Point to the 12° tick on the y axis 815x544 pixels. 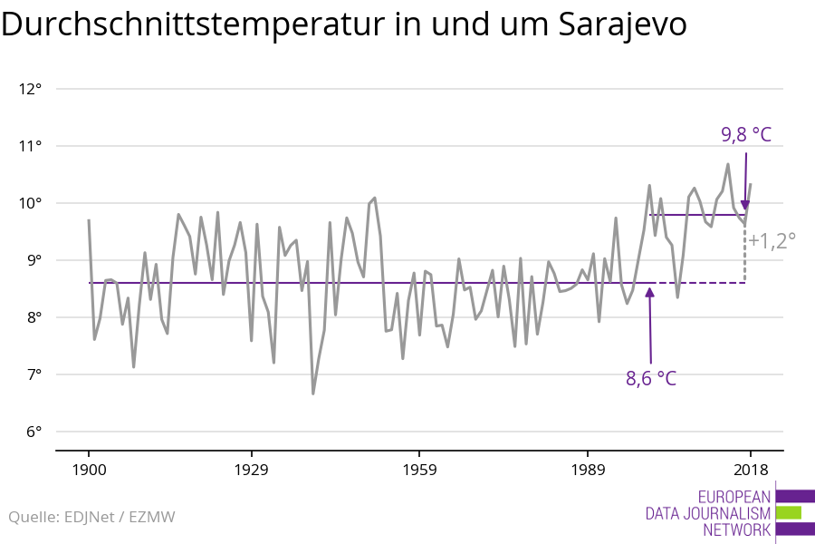pyautogui.click(x=30, y=89)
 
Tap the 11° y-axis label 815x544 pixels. pyautogui.click(x=30, y=146)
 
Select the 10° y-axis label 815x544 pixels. pyautogui.click(x=30, y=203)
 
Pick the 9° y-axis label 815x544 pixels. pyautogui.click(x=34, y=260)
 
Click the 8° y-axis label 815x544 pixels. pyautogui.click(x=34, y=317)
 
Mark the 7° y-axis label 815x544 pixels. pyautogui.click(x=34, y=374)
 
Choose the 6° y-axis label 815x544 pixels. pyautogui.click(x=34, y=432)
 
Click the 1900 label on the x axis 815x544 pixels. pyautogui.click(x=89, y=470)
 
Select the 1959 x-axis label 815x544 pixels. pyautogui.click(x=419, y=470)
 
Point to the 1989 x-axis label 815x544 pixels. pyautogui.click(x=588, y=470)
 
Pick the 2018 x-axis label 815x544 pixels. pyautogui.click(x=750, y=470)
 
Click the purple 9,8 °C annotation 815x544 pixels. pyautogui.click(x=746, y=135)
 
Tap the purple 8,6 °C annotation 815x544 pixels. pyautogui.click(x=651, y=379)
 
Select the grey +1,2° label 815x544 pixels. pyautogui.click(x=772, y=240)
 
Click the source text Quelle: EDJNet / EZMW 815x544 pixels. pyautogui.click(x=91, y=517)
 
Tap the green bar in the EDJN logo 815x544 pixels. pyautogui.click(x=789, y=513)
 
